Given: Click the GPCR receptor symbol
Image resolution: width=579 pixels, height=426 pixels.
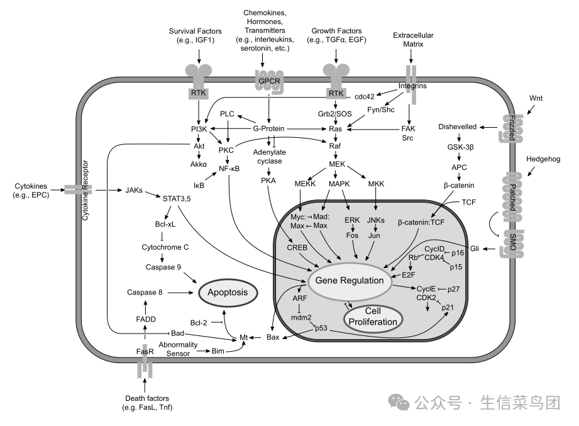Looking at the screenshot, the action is (x=269, y=81).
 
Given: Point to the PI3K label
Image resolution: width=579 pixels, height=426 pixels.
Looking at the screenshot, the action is (x=199, y=129).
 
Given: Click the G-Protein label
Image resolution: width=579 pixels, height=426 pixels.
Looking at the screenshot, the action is (x=268, y=128).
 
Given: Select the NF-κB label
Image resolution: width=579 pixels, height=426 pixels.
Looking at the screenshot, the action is (x=229, y=169).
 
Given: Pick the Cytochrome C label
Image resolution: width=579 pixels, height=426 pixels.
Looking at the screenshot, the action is (x=165, y=247).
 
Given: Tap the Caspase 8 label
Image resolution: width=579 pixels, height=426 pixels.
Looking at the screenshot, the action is (x=145, y=292).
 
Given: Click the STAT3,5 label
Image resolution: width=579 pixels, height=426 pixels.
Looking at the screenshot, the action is (x=177, y=199).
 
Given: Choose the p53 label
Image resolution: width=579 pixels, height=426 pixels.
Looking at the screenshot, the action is (x=321, y=328).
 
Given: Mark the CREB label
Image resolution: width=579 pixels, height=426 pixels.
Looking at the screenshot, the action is (x=297, y=247).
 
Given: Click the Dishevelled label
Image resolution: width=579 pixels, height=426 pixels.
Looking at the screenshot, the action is (x=457, y=126).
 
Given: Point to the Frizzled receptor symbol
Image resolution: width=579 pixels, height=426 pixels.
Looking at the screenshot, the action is (x=512, y=128).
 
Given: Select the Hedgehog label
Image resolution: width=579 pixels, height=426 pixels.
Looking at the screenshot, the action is (x=543, y=159).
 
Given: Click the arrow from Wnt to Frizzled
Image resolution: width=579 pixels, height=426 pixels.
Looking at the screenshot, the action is (x=531, y=109).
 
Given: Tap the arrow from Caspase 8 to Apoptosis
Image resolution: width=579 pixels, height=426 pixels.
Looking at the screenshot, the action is (x=180, y=293).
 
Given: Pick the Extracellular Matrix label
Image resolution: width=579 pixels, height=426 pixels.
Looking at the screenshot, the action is (x=413, y=40).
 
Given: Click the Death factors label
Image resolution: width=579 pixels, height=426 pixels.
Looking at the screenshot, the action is (x=147, y=403).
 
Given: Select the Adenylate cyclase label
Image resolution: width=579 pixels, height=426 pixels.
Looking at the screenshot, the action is (x=269, y=157).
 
